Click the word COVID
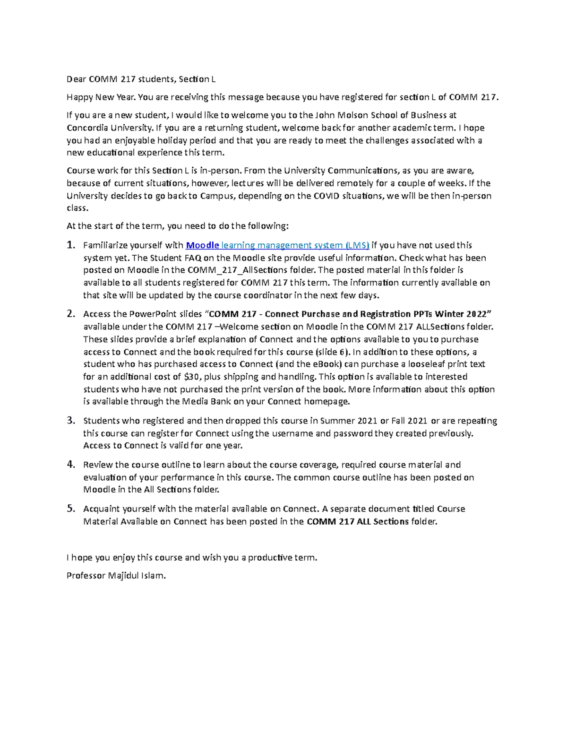pos(326,196)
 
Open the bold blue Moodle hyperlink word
pos(203,245)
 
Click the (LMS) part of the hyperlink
pos(357,245)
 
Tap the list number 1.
pos(71,245)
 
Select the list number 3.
pos(71,420)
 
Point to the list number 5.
pos(71,509)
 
